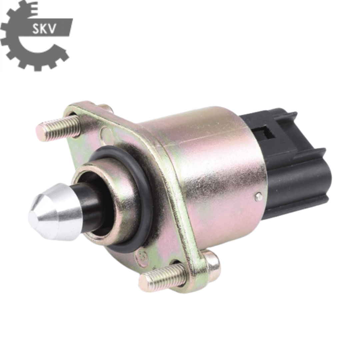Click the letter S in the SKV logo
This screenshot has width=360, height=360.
37,29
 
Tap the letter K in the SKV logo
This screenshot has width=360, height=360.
46,29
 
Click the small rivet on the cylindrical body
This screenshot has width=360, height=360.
258,196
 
